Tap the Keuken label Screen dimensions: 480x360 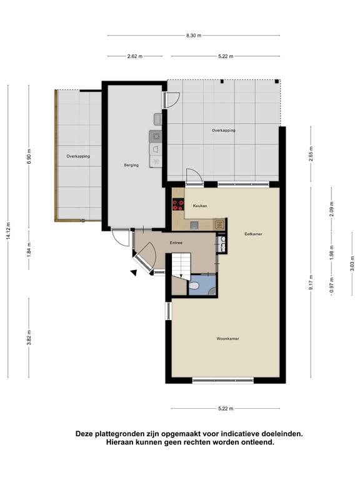click(x=199, y=206)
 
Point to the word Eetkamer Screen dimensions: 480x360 click(x=253, y=234)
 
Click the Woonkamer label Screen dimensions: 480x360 click(x=228, y=338)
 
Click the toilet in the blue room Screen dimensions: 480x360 click(x=194, y=286)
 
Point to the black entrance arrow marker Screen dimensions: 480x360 click(x=133, y=272)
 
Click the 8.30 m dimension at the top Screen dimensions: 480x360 click(x=194, y=36)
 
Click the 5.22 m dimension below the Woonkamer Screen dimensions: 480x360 click(x=226, y=409)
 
